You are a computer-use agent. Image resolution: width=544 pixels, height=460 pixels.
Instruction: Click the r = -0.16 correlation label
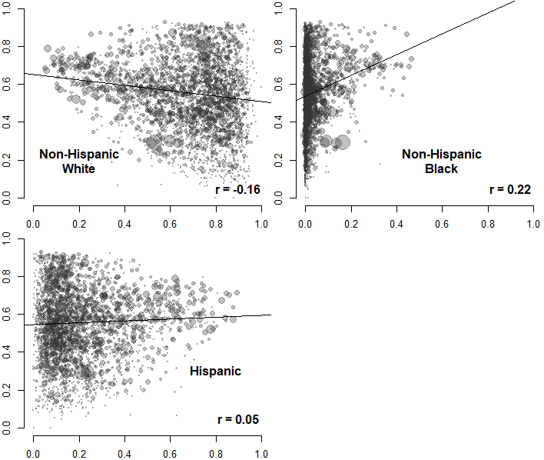pyautogui.click(x=238, y=188)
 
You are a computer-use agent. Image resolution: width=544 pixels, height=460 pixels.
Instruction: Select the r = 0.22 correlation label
pyautogui.click(x=509, y=188)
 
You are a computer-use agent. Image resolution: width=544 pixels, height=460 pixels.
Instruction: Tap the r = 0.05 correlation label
pyautogui.click(x=238, y=419)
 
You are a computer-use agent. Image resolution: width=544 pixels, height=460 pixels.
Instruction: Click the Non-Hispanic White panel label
pyautogui.click(x=79, y=161)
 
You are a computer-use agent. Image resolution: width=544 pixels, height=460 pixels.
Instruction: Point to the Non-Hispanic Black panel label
pyautogui.click(x=442, y=161)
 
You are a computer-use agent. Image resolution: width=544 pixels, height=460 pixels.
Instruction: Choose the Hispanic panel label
pyautogui.click(x=215, y=371)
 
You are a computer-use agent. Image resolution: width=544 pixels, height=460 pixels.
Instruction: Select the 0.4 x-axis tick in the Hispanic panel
pyautogui.click(x=124, y=454)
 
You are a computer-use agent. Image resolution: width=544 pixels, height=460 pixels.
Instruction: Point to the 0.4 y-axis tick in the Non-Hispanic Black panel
pyautogui.click(x=279, y=122)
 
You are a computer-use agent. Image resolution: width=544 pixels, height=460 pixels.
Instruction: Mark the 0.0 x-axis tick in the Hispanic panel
pyautogui.click(x=34, y=454)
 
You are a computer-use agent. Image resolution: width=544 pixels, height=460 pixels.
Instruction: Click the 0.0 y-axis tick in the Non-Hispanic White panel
pyautogui.click(x=7, y=199)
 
